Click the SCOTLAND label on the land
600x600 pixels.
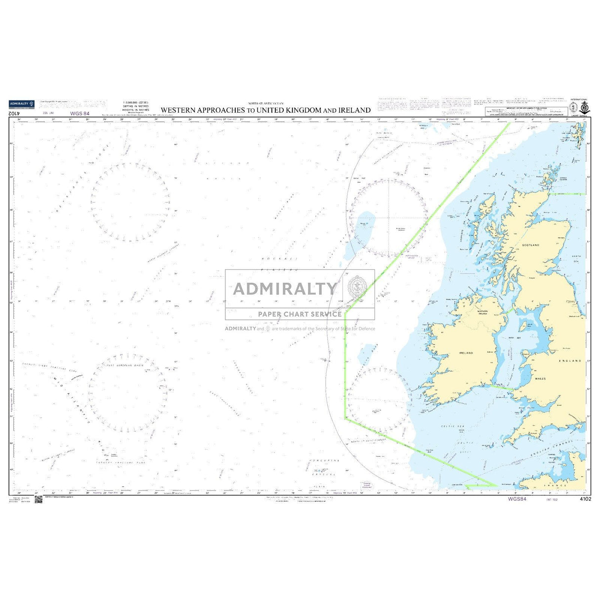point(530,245)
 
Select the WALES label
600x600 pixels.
point(540,378)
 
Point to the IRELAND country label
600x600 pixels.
point(466,353)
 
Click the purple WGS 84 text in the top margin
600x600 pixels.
point(80,114)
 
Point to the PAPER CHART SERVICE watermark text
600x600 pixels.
point(300,314)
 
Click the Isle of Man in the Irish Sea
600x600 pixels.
point(522,326)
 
